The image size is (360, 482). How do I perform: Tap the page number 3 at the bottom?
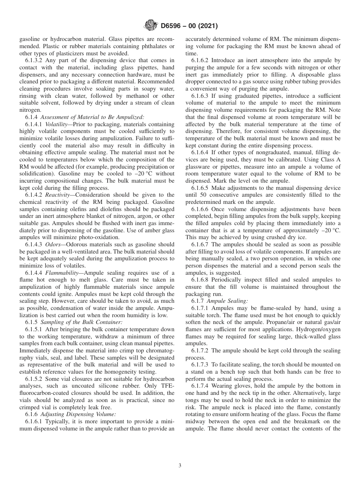(180, 465)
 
